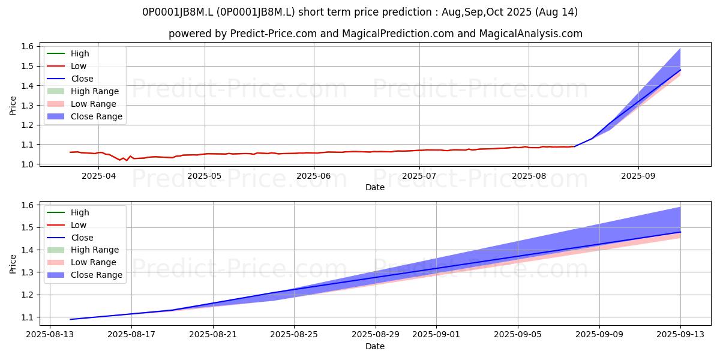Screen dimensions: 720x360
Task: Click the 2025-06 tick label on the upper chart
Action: point(314,176)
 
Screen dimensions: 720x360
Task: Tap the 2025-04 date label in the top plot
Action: point(98,176)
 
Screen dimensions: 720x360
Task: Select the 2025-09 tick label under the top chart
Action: point(638,176)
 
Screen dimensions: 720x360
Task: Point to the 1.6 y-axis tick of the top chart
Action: point(28,46)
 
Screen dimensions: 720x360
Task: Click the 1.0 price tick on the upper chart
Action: point(28,164)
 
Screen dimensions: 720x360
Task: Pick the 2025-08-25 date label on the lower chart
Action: point(294,335)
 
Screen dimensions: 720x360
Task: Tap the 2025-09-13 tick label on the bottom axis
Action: point(680,335)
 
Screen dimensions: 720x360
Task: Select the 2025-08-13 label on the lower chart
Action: point(50,335)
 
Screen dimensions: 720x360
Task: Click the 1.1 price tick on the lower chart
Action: point(28,317)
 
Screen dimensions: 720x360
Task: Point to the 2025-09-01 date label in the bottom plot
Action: point(436,335)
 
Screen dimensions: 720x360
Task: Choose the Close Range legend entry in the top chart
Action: point(85,116)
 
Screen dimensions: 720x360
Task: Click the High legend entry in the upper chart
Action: point(68,53)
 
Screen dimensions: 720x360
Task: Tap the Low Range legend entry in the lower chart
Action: point(82,262)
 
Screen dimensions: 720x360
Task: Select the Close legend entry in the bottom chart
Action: point(70,238)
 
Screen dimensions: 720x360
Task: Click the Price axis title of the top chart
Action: point(13,106)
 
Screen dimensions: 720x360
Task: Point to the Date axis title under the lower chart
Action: point(375,346)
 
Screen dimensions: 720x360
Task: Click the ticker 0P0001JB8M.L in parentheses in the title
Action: point(256,12)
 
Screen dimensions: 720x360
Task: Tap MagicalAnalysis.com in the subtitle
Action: point(530,34)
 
